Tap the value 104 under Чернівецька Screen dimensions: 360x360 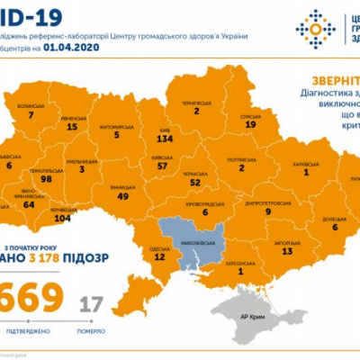tap(62, 218)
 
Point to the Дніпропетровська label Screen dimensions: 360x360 tap(242, 202)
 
